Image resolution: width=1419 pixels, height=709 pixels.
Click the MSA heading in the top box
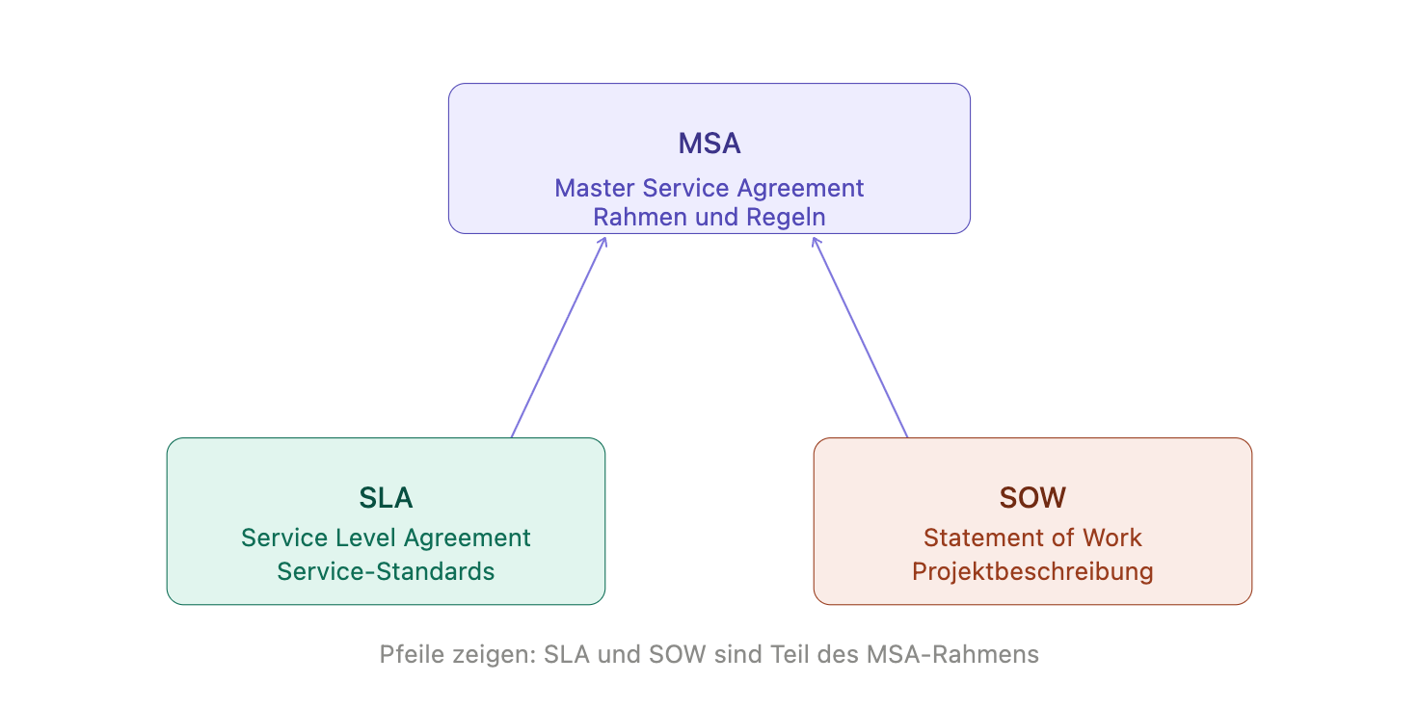pos(709,144)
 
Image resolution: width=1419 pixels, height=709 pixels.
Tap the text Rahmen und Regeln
pos(709,217)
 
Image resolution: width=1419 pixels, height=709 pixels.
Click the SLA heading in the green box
pos(386,498)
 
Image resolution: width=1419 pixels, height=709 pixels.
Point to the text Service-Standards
pos(386,571)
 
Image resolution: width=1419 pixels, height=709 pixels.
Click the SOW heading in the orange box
pos(1032,498)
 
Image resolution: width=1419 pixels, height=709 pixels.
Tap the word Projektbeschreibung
pos(1032,571)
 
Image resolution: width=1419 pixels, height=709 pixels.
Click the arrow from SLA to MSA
pos(558,337)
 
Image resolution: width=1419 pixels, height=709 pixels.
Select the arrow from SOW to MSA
pos(860,337)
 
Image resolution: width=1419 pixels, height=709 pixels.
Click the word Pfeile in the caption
pos(409,655)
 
